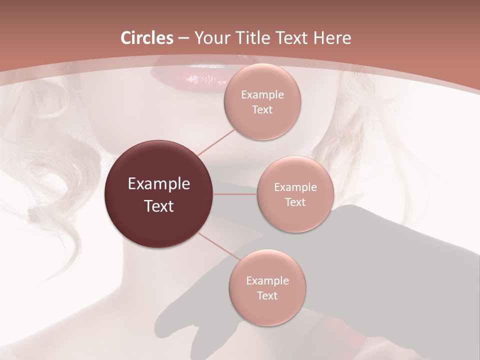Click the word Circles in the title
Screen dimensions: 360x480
[147, 38]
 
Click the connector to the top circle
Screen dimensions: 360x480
[216, 142]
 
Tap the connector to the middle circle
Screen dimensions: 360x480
[235, 193]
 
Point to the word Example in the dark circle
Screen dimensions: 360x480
[159, 184]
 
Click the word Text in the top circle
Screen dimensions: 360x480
[262, 110]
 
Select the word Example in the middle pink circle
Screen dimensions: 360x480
[295, 187]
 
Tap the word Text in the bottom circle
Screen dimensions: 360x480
[267, 296]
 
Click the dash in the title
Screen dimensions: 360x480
[183, 38]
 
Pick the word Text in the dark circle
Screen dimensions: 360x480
[159, 206]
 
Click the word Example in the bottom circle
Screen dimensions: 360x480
[267, 281]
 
